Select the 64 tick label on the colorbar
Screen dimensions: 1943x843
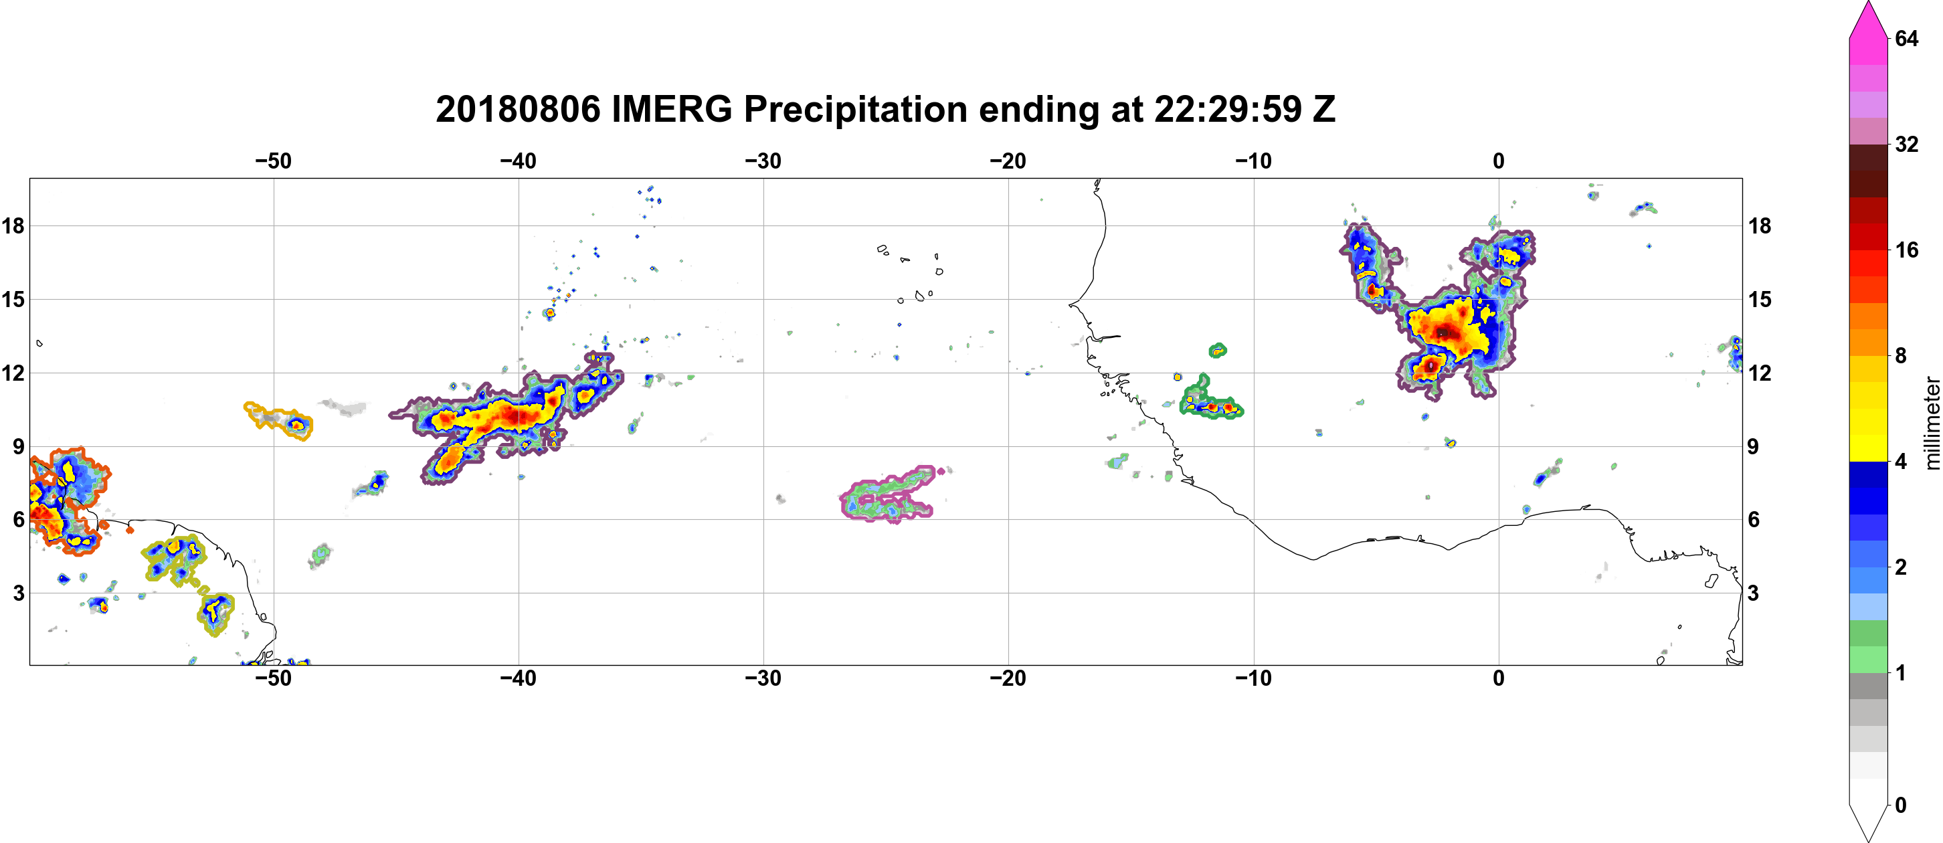point(1906,38)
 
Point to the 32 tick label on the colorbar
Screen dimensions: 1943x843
point(1906,144)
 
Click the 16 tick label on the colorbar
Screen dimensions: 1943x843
point(1906,250)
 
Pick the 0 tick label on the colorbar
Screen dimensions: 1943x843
point(1901,805)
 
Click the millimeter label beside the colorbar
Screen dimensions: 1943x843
point(1932,423)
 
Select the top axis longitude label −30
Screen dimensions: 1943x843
point(763,161)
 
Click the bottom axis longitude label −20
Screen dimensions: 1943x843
point(1008,678)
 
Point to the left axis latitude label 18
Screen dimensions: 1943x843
point(13,225)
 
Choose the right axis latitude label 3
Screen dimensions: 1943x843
point(1753,593)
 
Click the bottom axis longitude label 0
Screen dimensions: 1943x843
point(1499,678)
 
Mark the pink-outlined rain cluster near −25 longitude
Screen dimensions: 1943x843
point(888,494)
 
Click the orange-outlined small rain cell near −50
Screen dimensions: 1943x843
point(279,420)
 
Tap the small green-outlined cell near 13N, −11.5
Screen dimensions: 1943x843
point(1218,350)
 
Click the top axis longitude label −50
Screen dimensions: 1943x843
point(273,161)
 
